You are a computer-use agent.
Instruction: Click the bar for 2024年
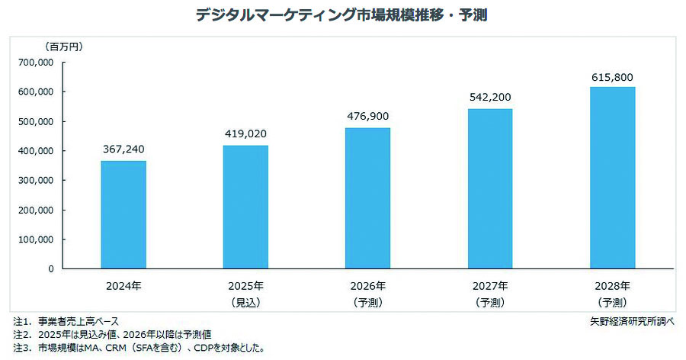coord(123,214)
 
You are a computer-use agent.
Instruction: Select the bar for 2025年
coord(245,207)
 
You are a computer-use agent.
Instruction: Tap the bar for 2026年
coord(368,198)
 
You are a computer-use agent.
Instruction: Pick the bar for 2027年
coord(490,188)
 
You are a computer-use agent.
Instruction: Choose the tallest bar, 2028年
coord(612,178)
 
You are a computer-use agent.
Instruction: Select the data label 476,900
coord(368,117)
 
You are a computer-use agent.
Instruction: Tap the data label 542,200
coord(490,98)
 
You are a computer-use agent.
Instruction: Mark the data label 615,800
coord(612,77)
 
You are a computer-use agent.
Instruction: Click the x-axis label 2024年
coord(123,287)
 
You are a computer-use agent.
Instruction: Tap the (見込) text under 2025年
coord(245,303)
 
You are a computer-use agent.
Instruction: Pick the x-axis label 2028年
coord(612,287)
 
